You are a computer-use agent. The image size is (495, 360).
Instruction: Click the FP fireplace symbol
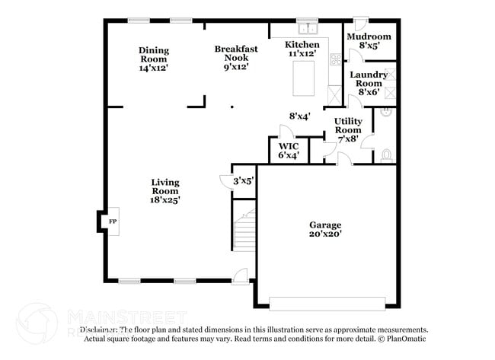click(x=112, y=221)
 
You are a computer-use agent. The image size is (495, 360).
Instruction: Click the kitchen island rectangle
click(x=305, y=78)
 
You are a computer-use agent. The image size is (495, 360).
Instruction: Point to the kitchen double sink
click(x=308, y=30)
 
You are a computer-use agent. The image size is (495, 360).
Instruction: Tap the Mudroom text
click(x=369, y=37)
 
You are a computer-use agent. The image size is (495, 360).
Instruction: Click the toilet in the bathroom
click(x=386, y=156)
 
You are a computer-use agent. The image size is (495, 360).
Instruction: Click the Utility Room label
click(x=348, y=126)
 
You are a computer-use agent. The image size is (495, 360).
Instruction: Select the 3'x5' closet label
click(x=243, y=180)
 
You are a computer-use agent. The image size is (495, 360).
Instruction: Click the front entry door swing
click(x=241, y=275)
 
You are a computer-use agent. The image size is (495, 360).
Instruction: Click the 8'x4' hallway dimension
click(x=299, y=116)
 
